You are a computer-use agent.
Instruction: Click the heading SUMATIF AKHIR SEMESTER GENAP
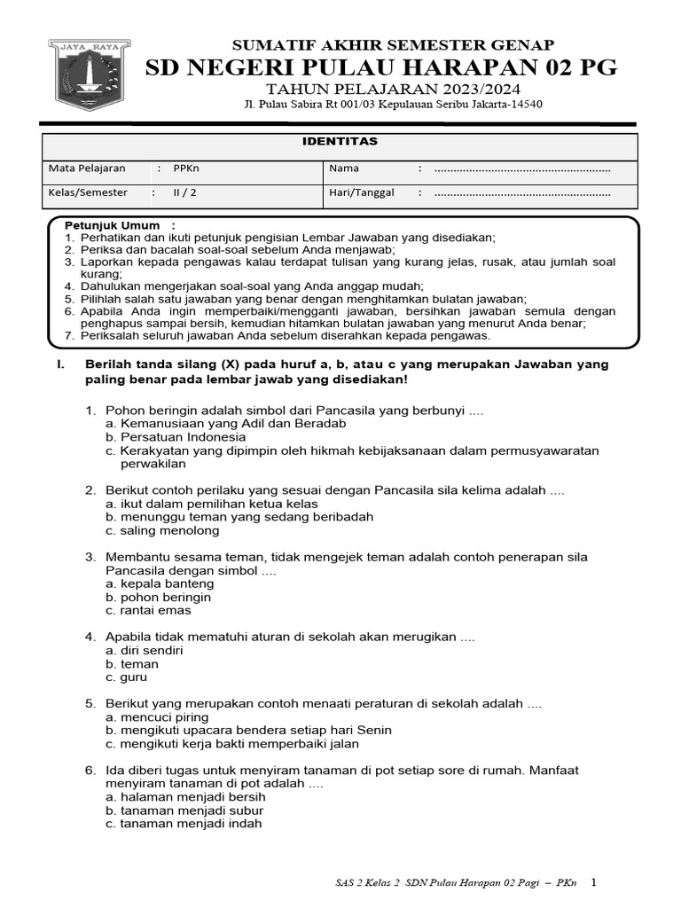(393, 45)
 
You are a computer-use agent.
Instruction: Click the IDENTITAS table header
(341, 142)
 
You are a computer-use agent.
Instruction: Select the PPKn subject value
(187, 168)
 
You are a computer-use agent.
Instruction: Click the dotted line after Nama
(521, 168)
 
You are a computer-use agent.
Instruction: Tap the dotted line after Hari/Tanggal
(521, 193)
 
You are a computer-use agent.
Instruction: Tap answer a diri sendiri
(145, 650)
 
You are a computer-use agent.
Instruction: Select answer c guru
(126, 677)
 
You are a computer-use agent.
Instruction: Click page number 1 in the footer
(594, 882)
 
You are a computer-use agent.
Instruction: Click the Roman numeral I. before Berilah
(59, 364)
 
